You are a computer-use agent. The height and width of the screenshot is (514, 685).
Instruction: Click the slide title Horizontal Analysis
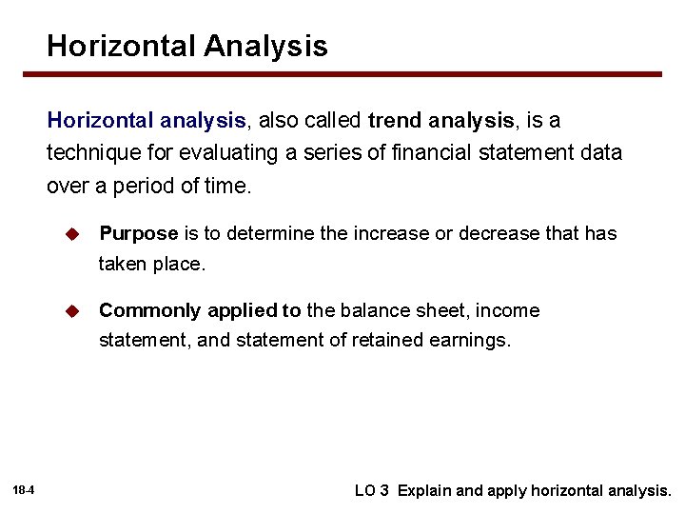(x=187, y=46)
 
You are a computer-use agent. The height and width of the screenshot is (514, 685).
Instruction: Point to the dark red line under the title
(x=354, y=74)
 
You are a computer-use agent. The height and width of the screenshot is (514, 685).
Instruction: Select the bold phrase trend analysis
(x=440, y=121)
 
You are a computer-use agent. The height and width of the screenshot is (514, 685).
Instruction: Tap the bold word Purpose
(x=138, y=233)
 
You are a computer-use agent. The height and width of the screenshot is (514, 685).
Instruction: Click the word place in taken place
(x=179, y=264)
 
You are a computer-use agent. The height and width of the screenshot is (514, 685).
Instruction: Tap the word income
(x=507, y=310)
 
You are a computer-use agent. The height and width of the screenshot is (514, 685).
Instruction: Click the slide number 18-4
(x=24, y=491)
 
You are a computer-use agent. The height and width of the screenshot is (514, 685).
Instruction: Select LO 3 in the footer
(x=371, y=491)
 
